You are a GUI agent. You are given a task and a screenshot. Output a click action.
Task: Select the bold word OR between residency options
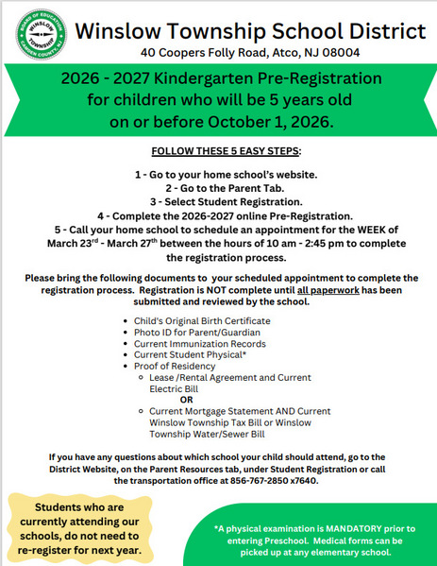[187, 400]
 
